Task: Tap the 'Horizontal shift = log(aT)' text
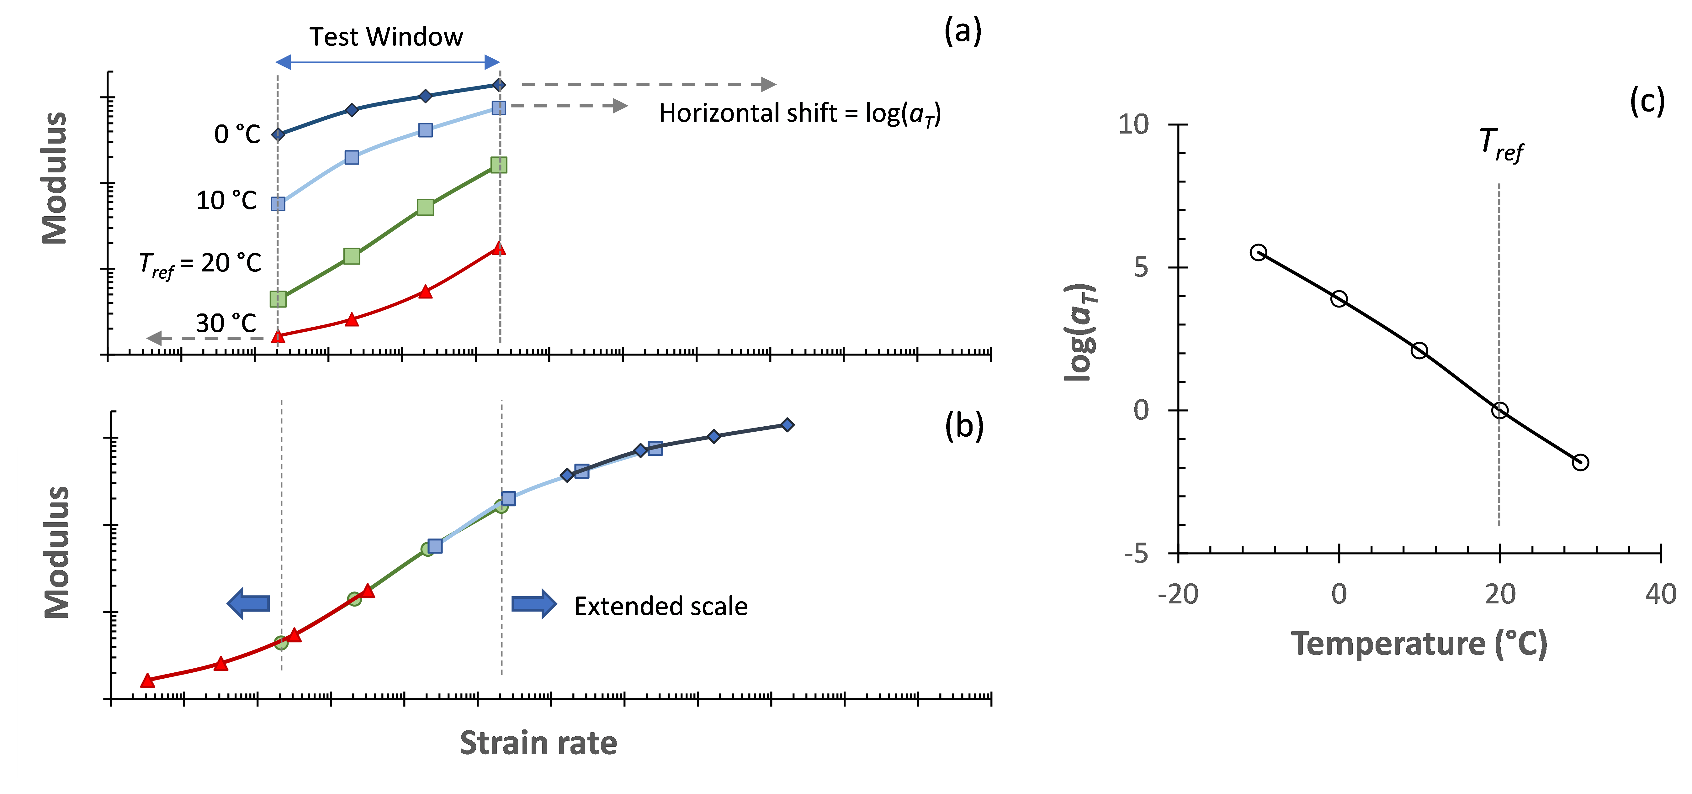(x=799, y=113)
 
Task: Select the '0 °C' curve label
(x=237, y=134)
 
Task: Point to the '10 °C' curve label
(x=227, y=200)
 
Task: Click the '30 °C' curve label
(x=226, y=323)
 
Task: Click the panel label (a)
(x=962, y=31)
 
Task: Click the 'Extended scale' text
(x=660, y=606)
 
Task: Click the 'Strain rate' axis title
(x=538, y=744)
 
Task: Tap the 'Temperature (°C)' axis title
(x=1419, y=644)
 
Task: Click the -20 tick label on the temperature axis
(x=1178, y=594)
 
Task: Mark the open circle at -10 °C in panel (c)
(x=1258, y=252)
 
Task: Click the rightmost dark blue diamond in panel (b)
(x=787, y=425)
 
